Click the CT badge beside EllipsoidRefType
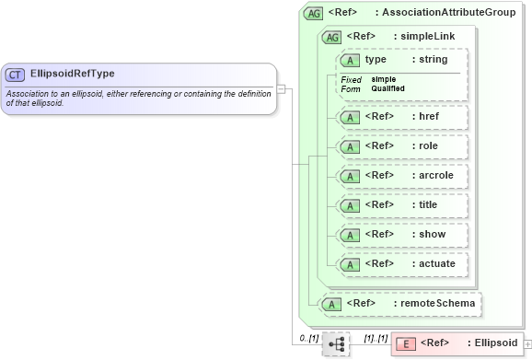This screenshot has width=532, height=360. point(15,74)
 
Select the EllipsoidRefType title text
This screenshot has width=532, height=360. point(73,74)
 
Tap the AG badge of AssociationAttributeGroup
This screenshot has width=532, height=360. point(313,14)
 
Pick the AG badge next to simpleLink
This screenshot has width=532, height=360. point(331,37)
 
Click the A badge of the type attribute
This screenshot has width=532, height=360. point(350,60)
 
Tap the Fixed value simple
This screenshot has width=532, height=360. point(385,79)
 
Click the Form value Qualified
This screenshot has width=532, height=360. point(387,88)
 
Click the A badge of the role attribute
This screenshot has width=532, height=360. point(350,146)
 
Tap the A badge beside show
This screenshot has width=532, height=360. point(350,235)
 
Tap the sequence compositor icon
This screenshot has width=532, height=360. point(336,343)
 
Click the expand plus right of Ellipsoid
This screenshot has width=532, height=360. point(527,343)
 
